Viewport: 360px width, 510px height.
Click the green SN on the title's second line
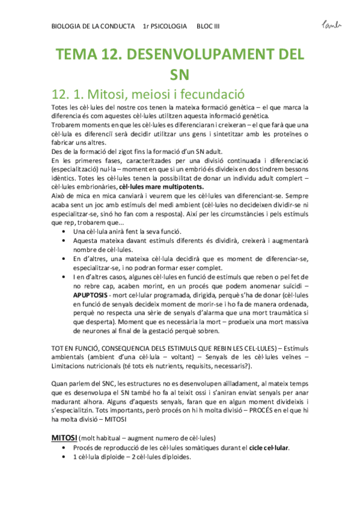click(x=180, y=76)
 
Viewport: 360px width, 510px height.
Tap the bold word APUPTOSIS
click(x=91, y=296)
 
